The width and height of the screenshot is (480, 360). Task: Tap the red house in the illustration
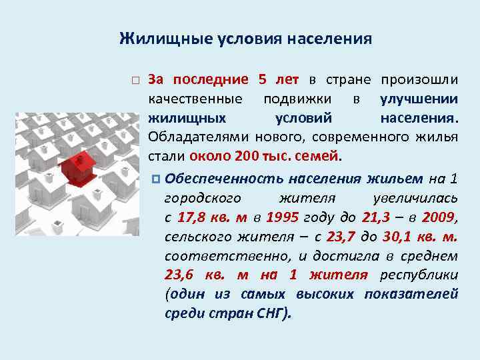[x=79, y=167]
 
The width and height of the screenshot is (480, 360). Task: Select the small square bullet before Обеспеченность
[x=155, y=179]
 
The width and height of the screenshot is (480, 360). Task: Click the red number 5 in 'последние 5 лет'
[x=262, y=80]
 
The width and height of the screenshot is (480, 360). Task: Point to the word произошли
[x=419, y=80]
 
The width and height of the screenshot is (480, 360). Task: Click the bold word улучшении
[x=419, y=99]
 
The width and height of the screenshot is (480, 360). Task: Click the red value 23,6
[x=179, y=275]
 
